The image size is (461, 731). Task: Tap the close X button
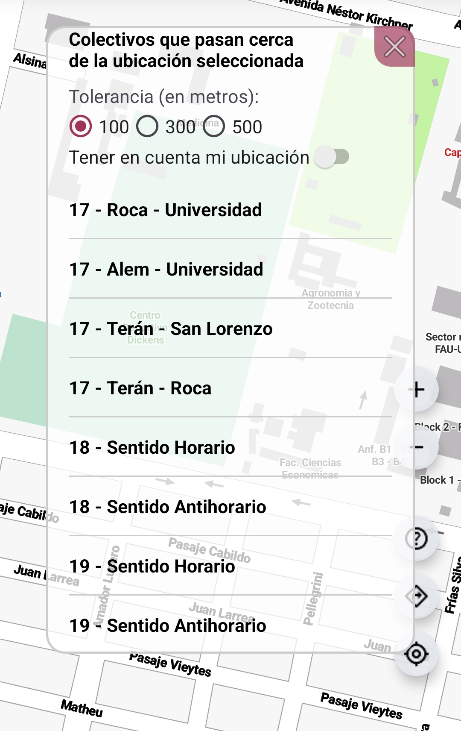pyautogui.click(x=394, y=47)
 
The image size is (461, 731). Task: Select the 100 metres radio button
pyautogui.click(x=81, y=126)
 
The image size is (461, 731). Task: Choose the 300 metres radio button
pyautogui.click(x=147, y=126)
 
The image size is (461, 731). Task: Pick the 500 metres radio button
pyautogui.click(x=214, y=126)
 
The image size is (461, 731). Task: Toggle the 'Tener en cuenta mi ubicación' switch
pyautogui.click(x=332, y=157)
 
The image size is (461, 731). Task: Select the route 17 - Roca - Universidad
pyautogui.click(x=166, y=210)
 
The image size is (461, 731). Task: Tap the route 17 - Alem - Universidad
pyautogui.click(x=166, y=270)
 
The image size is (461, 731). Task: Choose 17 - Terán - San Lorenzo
pyautogui.click(x=171, y=329)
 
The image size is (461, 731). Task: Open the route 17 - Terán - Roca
pyautogui.click(x=140, y=388)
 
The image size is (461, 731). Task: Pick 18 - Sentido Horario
pyautogui.click(x=152, y=448)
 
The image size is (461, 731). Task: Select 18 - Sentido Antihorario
pyautogui.click(x=168, y=507)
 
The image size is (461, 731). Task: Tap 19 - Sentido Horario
pyautogui.click(x=152, y=567)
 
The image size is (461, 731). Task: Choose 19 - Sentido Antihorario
pyautogui.click(x=168, y=626)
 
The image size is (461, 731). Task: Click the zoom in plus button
pyautogui.click(x=417, y=389)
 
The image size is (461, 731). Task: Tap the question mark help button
pyautogui.click(x=417, y=539)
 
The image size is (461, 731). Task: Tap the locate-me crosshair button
pyautogui.click(x=416, y=654)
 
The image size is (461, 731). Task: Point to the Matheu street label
pyautogui.click(x=82, y=708)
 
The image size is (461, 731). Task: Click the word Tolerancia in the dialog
pyautogui.click(x=111, y=97)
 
